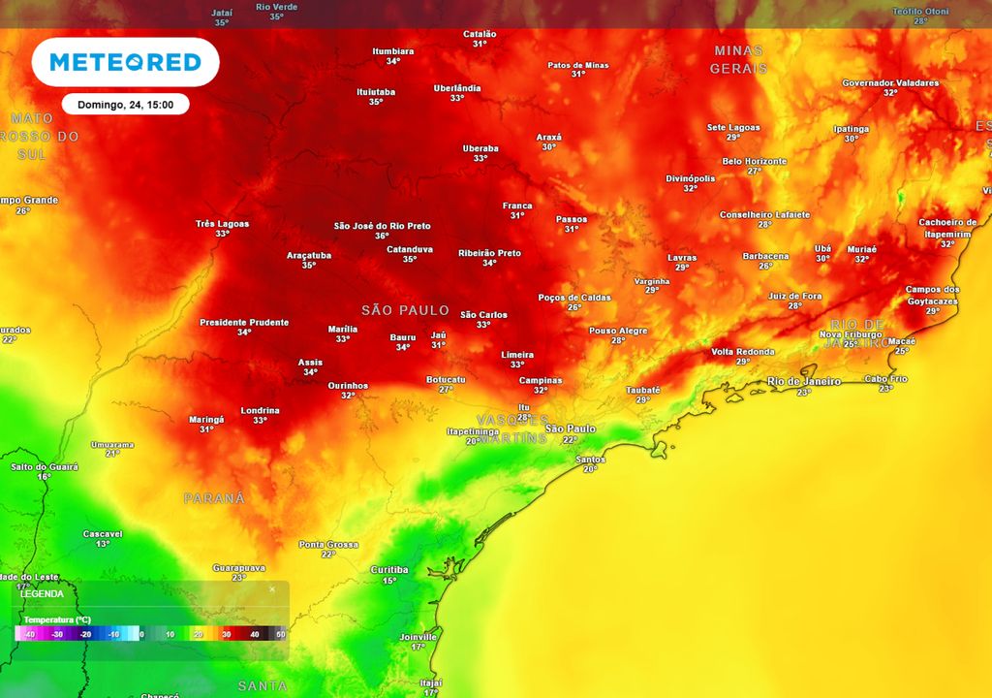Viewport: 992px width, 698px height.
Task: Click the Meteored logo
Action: [125, 63]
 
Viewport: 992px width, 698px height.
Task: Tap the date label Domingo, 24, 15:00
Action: [125, 105]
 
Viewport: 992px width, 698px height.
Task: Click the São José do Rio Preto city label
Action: [382, 226]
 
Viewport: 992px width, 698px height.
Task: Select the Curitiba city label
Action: [389, 570]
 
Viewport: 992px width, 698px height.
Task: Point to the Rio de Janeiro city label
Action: [804, 381]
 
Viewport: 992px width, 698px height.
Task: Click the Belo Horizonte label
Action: [755, 161]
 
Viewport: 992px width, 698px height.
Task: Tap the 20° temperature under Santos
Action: [590, 469]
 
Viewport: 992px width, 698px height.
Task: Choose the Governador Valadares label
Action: [890, 83]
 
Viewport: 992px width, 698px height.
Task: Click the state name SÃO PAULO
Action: [405, 310]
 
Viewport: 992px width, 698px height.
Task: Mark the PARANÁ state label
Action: [215, 498]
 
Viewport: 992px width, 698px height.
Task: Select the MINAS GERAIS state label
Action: [738, 59]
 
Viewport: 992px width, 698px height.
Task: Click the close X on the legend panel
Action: [272, 588]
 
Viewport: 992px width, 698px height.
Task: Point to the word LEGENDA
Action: [42, 593]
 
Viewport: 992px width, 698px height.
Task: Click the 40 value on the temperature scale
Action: [253, 634]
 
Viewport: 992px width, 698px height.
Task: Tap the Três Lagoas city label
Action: [222, 224]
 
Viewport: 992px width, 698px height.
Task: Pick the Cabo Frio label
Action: [885, 379]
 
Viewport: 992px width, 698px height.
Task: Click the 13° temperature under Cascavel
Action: [103, 544]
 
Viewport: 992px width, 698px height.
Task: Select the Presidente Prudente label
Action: [244, 322]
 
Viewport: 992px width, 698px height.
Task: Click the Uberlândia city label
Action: [457, 88]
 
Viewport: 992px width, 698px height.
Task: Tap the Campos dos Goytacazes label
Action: [932, 295]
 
